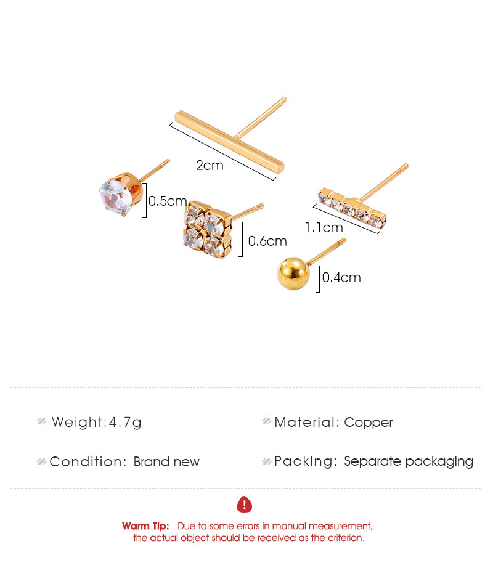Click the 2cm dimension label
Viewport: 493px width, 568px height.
click(210, 166)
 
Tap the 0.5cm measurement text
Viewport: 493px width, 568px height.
click(168, 201)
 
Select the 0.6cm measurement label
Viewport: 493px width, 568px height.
click(267, 241)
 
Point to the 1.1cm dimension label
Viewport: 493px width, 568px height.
click(324, 228)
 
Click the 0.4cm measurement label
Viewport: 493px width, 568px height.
click(341, 277)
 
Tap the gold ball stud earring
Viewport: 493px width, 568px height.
click(293, 274)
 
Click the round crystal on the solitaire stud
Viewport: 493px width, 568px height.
click(116, 197)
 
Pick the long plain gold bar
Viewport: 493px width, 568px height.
click(230, 142)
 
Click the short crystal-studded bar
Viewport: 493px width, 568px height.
click(352, 208)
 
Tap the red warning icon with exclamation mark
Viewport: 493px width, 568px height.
click(244, 505)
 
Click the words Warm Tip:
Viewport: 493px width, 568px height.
click(145, 526)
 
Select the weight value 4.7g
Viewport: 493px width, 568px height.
click(125, 423)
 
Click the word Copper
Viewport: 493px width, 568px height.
click(369, 423)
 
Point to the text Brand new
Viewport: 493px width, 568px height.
click(166, 462)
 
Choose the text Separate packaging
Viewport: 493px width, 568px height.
click(409, 461)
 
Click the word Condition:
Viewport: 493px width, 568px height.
click(88, 462)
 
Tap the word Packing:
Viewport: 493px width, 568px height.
click(306, 461)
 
